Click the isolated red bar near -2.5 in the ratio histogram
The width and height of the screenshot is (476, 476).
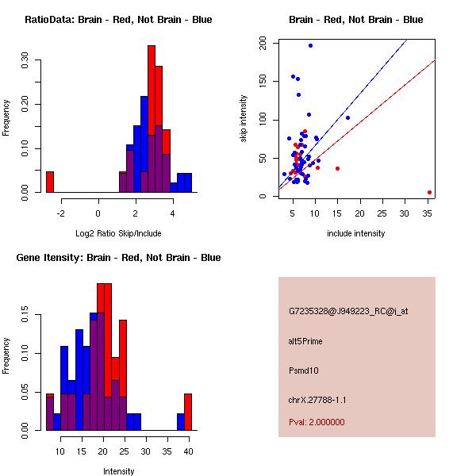[50, 182]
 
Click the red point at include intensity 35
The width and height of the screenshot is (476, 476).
[429, 192]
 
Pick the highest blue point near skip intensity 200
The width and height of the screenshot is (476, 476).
[310, 46]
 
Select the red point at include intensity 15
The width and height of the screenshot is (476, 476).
[338, 168]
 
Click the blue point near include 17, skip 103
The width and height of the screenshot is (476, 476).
[347, 117]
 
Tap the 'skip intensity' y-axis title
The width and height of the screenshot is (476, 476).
[245, 118]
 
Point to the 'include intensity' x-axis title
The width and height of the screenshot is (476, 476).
[356, 233]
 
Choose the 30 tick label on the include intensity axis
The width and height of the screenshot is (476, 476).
[406, 213]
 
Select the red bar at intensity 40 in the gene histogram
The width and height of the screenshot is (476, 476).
[188, 412]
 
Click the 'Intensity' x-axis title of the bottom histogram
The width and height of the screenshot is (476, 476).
[118, 471]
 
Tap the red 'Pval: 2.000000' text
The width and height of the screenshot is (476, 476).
[317, 422]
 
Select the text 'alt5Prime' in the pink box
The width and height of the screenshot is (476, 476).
[305, 341]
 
